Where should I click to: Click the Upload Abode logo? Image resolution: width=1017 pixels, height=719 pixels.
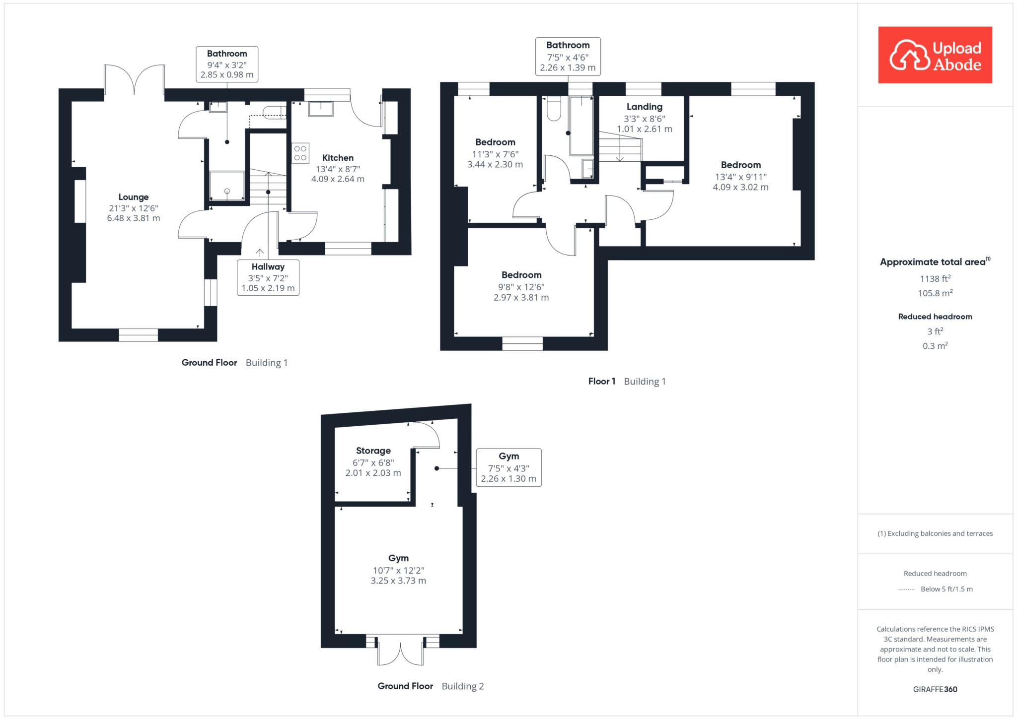pos(935,55)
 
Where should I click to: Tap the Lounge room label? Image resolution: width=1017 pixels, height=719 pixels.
pos(134,197)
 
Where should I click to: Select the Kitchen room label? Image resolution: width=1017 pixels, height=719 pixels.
pos(338,158)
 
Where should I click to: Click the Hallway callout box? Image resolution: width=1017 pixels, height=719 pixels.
pos(268,277)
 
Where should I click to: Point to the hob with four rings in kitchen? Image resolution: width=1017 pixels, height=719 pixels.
pos(300,152)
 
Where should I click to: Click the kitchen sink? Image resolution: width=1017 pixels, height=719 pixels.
pos(321,108)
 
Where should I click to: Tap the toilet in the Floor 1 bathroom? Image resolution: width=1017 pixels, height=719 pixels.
pos(554,109)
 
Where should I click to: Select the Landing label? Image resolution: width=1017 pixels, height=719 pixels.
pos(644,107)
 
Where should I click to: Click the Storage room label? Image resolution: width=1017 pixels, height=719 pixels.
pos(373,451)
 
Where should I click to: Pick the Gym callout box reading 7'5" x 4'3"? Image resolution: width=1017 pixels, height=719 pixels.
pos(508,467)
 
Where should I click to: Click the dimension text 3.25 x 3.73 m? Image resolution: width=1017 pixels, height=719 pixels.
pos(398,581)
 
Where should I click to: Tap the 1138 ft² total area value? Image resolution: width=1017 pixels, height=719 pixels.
pos(935,278)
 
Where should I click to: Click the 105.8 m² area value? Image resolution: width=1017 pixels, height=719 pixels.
pos(935,293)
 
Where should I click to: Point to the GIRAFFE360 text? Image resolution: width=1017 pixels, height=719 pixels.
pos(935,689)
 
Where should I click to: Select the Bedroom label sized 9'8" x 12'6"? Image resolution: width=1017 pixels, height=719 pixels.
pos(521,275)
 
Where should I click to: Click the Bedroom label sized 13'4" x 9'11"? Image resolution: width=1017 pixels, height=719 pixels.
pos(741,165)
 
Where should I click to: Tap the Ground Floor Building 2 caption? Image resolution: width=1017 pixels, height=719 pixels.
pos(431,686)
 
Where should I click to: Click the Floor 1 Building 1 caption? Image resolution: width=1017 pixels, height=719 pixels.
pos(627,382)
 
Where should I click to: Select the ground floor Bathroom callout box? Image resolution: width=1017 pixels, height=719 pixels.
pos(227,64)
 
